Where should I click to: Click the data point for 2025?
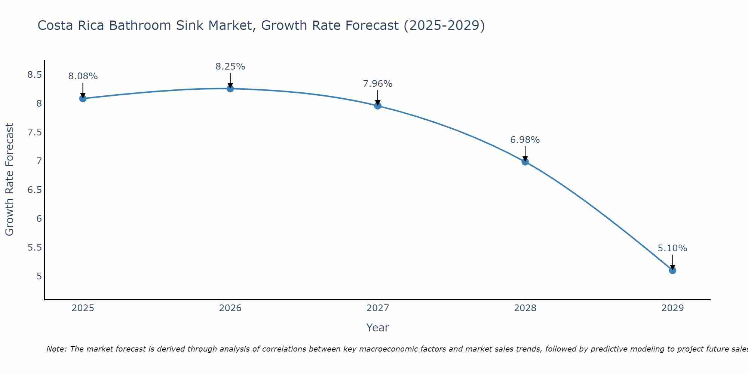click(x=83, y=98)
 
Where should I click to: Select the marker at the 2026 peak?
click(x=230, y=89)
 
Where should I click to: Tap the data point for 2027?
click(x=378, y=105)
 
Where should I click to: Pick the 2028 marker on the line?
click(x=525, y=162)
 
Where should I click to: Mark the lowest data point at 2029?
click(x=672, y=270)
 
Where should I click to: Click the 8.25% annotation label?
click(x=230, y=67)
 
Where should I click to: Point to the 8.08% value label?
click(x=83, y=76)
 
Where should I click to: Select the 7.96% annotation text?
click(x=378, y=84)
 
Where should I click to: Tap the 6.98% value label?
click(x=525, y=140)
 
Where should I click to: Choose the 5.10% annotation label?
click(x=672, y=248)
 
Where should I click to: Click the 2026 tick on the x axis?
click(x=230, y=308)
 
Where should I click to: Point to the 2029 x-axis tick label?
click(x=672, y=308)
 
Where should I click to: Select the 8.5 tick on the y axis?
click(x=34, y=75)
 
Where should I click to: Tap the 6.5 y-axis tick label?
click(x=34, y=190)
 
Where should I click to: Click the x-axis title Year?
click(x=378, y=328)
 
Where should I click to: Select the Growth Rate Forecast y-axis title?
click(x=9, y=180)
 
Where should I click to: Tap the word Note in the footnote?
click(x=56, y=349)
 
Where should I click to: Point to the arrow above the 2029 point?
click(x=672, y=262)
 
